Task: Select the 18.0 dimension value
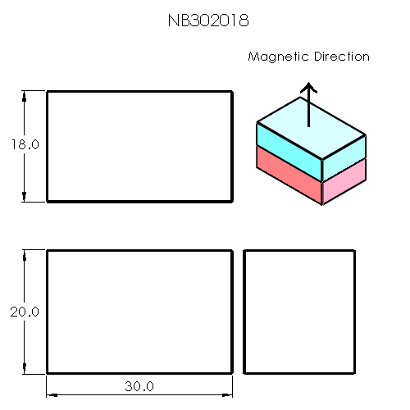tap(25, 144)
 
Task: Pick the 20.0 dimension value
tap(25, 312)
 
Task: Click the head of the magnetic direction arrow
tap(308, 87)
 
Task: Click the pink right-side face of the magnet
tap(344, 182)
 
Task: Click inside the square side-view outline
tap(299, 312)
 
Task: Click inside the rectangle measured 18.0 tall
tap(139, 146)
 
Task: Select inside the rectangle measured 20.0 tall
tap(139, 312)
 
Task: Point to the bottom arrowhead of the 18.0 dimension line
tap(25, 196)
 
